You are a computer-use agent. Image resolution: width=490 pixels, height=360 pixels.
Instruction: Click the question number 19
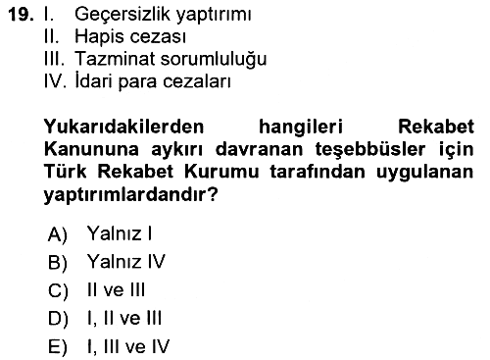[21, 15]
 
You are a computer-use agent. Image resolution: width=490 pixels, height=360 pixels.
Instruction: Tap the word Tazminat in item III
[115, 59]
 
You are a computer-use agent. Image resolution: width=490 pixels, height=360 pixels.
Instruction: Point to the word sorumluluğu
[214, 60]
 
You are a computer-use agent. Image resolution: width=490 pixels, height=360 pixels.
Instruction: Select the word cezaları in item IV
[197, 81]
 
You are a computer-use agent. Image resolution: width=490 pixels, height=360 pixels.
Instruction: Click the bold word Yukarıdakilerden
[123, 127]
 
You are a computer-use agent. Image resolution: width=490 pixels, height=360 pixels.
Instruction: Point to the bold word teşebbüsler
[370, 150]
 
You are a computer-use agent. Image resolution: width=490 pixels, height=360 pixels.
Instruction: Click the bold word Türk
[66, 171]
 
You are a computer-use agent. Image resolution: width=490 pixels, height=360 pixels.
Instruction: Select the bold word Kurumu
[221, 171]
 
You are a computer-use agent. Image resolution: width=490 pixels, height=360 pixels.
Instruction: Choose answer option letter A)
[58, 234]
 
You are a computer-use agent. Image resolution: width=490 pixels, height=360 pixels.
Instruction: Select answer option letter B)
[58, 263]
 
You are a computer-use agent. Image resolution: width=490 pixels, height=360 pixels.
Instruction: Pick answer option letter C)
[58, 290]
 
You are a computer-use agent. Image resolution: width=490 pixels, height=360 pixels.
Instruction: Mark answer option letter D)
[58, 319]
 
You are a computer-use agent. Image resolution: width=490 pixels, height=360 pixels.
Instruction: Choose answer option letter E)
[58, 347]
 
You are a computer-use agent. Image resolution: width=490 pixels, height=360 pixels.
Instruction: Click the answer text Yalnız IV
[126, 262]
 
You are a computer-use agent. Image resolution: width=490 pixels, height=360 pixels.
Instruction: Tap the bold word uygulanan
[425, 173]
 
